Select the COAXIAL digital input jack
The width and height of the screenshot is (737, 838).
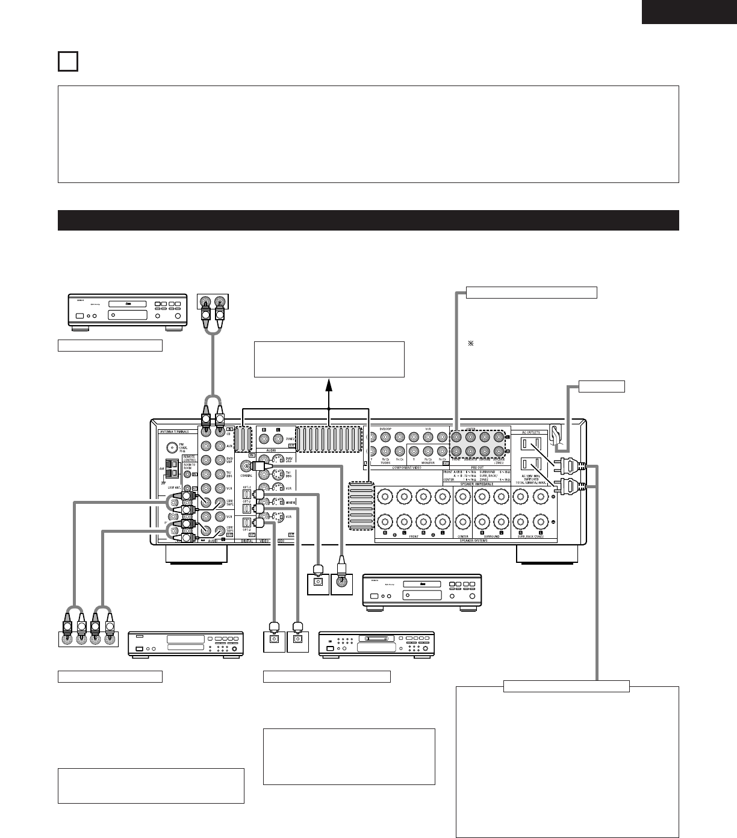pyautogui.click(x=246, y=465)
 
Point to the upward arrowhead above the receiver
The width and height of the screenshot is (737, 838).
pyautogui.click(x=329, y=383)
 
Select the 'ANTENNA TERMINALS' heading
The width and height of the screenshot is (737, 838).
pyautogui.click(x=175, y=432)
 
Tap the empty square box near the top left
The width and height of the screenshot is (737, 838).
pyautogui.click(x=68, y=61)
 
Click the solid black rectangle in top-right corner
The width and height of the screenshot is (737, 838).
pyautogui.click(x=689, y=12)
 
